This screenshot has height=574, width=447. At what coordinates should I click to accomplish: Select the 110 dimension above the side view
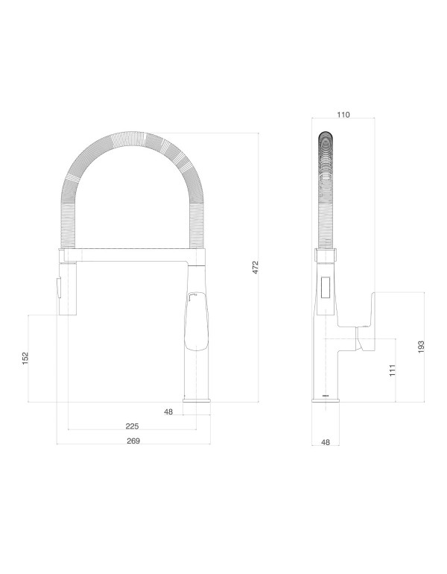(343, 115)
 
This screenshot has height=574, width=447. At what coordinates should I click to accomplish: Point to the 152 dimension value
(25, 359)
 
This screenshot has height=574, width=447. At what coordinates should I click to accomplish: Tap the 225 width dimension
(131, 426)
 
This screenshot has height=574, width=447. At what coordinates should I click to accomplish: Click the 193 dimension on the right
(421, 347)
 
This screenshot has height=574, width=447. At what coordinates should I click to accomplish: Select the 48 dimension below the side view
(326, 442)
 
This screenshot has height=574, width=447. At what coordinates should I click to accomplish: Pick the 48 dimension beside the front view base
(168, 411)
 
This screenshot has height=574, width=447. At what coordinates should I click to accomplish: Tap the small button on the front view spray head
(54, 286)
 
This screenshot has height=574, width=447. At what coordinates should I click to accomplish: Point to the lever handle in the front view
(194, 321)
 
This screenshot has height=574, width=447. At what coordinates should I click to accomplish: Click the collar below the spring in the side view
(326, 256)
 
